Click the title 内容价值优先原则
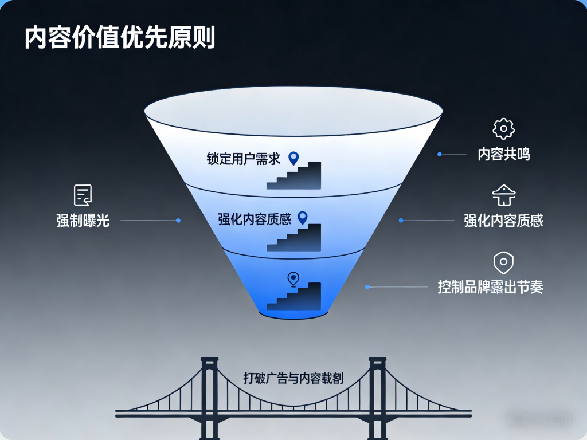click(120, 37)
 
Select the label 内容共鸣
click(503, 154)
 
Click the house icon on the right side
click(503, 195)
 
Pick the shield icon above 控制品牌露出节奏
click(503, 262)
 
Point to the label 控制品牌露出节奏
click(491, 287)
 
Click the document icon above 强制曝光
click(83, 195)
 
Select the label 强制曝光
click(83, 221)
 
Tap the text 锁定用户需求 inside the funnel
click(243, 159)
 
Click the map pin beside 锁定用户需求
click(294, 158)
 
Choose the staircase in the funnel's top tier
click(294, 175)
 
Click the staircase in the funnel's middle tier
click(294, 238)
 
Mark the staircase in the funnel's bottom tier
click(294, 296)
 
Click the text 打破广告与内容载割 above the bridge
click(293, 378)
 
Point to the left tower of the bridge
click(209, 399)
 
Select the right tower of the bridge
click(377, 399)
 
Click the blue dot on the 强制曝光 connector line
click(178, 221)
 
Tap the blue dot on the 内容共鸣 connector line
click(440, 154)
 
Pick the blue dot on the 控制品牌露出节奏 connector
click(367, 287)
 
